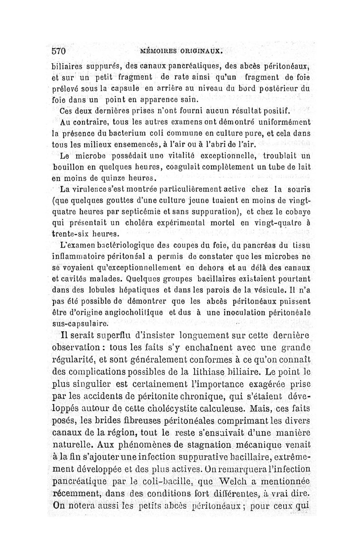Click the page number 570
pos(59,50)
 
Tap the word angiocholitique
pos(123,313)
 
